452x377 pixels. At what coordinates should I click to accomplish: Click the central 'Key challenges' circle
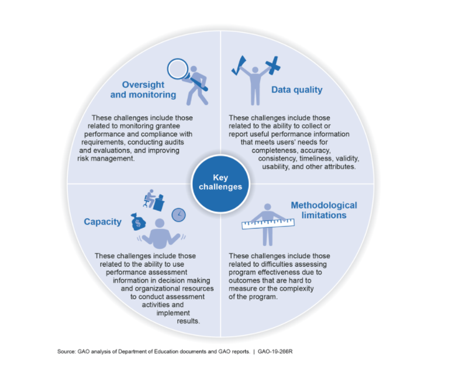click(220, 184)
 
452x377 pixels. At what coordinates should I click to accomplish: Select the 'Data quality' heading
click(297, 90)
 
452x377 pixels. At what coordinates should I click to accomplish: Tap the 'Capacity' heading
click(103, 222)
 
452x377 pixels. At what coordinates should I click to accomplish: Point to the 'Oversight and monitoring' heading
click(143, 89)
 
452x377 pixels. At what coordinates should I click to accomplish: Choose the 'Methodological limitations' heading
click(324, 210)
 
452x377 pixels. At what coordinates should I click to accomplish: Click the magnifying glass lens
click(178, 69)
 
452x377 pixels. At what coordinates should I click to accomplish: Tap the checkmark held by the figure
click(239, 65)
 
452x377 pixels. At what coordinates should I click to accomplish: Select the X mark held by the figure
click(272, 65)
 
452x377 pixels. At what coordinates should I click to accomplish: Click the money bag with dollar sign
click(138, 222)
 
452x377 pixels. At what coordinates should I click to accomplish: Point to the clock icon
click(179, 215)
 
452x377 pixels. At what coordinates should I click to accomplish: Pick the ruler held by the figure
click(268, 224)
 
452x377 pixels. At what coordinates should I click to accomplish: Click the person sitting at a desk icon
click(154, 200)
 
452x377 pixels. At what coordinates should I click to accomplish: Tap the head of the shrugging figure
click(160, 224)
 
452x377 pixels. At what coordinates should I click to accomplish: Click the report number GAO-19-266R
click(275, 352)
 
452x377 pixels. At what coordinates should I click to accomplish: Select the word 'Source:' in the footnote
click(67, 352)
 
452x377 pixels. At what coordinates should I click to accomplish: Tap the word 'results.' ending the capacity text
click(188, 321)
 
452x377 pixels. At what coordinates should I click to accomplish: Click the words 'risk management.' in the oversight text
click(106, 158)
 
